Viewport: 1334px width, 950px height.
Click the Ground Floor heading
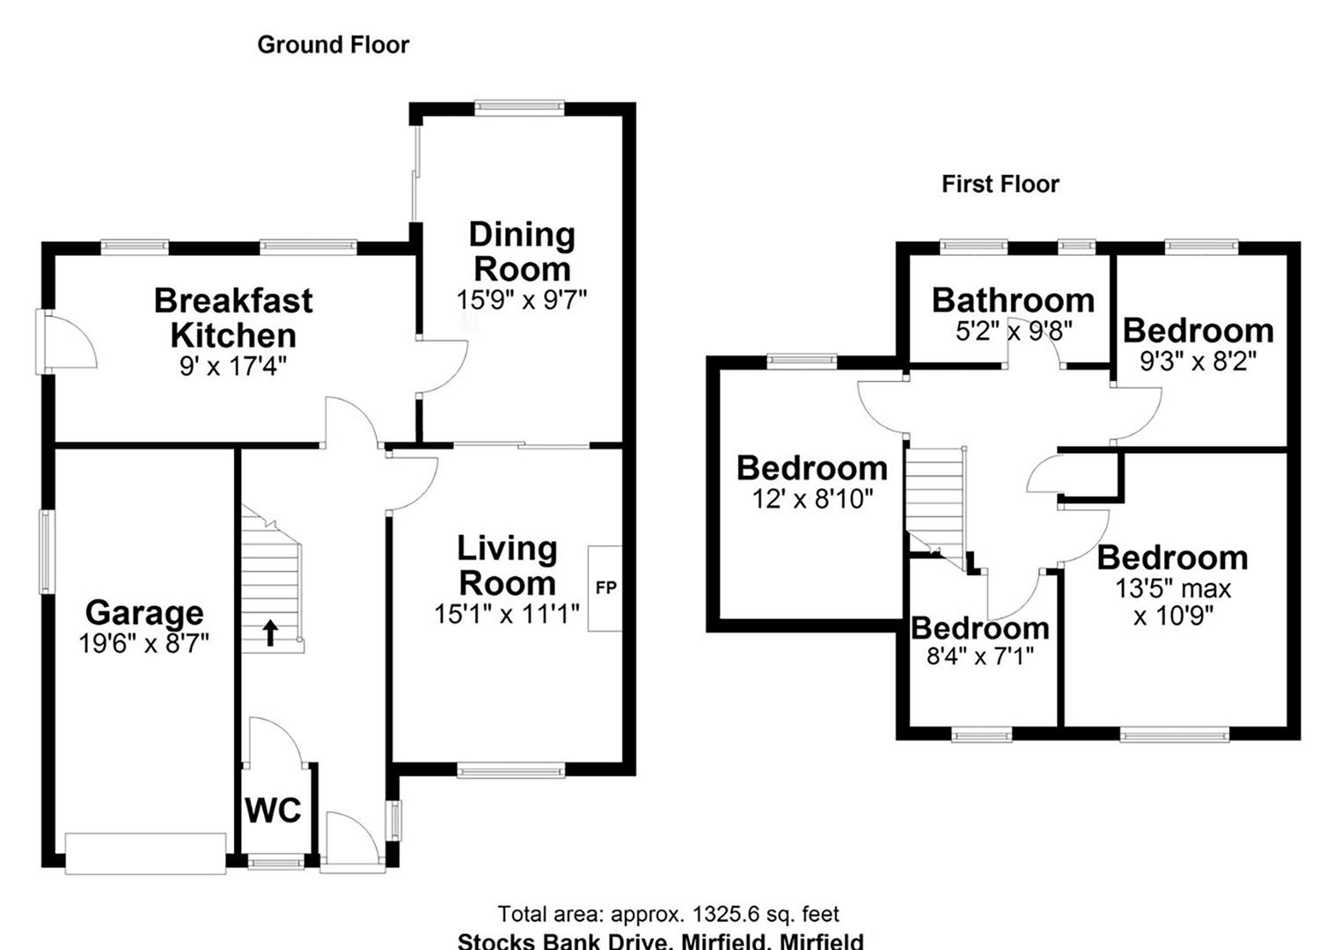point(333,45)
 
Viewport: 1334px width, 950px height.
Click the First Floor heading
point(1000,184)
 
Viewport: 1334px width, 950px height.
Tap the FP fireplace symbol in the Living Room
point(605,588)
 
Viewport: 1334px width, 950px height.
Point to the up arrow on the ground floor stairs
point(270,632)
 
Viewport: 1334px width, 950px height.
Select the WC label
point(273,810)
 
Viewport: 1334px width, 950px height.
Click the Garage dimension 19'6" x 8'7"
point(144,644)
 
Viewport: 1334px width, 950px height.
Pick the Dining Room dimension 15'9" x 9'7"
point(521,300)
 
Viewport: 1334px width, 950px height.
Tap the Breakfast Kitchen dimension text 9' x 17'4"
point(233,366)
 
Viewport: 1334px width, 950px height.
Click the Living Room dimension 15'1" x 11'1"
point(507,614)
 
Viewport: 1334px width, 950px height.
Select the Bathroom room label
point(1013,300)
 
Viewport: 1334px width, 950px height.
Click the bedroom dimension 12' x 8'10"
point(812,500)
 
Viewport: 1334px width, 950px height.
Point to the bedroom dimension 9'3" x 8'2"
point(1198,362)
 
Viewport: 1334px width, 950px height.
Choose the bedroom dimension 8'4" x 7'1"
point(979,655)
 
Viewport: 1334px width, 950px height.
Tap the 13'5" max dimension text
point(1173,588)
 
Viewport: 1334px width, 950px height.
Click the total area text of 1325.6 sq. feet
point(668,915)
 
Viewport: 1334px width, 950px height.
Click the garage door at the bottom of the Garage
point(145,853)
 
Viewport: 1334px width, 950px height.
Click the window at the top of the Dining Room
point(519,107)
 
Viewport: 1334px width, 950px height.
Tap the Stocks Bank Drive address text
point(660,941)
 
